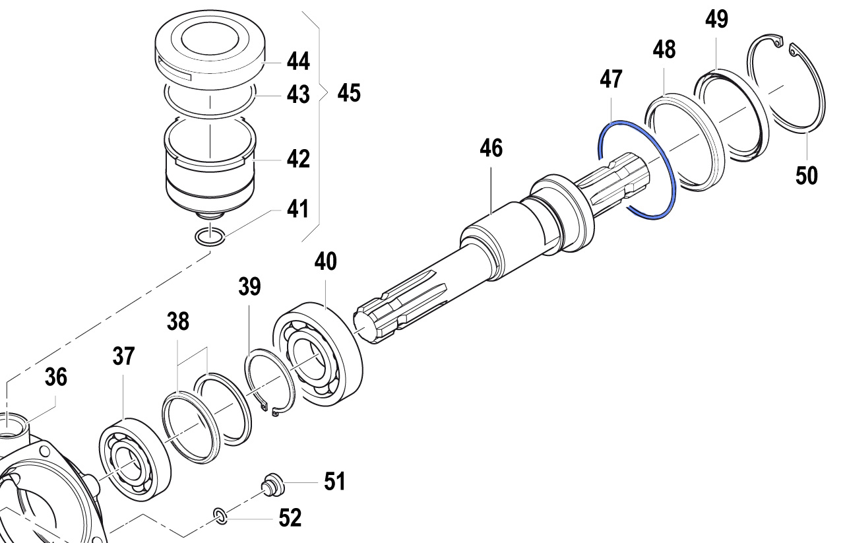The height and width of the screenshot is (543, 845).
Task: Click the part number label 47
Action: pyautogui.click(x=611, y=80)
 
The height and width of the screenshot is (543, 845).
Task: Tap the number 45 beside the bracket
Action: pyautogui.click(x=349, y=93)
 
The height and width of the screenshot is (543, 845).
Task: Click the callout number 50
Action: pyautogui.click(x=807, y=176)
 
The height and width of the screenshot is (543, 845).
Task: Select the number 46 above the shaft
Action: pyautogui.click(x=491, y=148)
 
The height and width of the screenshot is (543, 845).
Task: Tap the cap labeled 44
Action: pyautogui.click(x=209, y=49)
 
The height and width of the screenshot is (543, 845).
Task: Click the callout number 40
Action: pyautogui.click(x=325, y=261)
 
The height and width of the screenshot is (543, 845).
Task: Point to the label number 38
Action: pyautogui.click(x=177, y=322)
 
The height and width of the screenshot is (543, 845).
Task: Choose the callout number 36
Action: pyautogui.click(x=56, y=377)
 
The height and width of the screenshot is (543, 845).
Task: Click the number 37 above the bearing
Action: pyautogui.click(x=123, y=357)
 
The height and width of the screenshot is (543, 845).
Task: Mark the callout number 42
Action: pyautogui.click(x=298, y=159)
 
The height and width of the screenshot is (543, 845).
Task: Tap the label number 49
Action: pyautogui.click(x=716, y=20)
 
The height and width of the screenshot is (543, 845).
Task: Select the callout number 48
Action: pyautogui.click(x=665, y=49)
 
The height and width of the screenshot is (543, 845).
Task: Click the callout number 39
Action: pyautogui.click(x=250, y=287)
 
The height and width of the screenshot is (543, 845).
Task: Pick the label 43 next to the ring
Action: pyautogui.click(x=298, y=95)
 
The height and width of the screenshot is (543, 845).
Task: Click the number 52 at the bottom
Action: pyautogui.click(x=290, y=518)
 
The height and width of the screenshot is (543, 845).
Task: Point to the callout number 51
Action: pyautogui.click(x=334, y=482)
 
